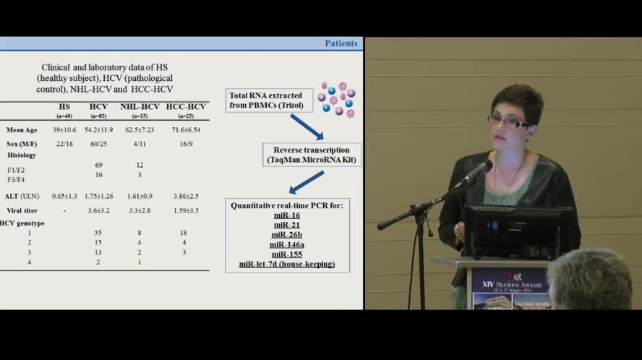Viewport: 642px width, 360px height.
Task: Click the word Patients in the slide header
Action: (x=341, y=43)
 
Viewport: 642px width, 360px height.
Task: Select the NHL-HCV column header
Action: (x=140, y=107)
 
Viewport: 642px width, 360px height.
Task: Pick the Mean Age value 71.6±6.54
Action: (x=183, y=130)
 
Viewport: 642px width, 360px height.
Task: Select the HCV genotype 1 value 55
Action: (x=98, y=233)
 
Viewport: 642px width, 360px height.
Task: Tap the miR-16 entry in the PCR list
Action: (x=287, y=215)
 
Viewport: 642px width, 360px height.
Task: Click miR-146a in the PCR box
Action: (x=287, y=244)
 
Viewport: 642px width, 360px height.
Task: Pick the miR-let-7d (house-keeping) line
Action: (x=287, y=264)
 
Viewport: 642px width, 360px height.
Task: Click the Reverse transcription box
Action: (x=312, y=155)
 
